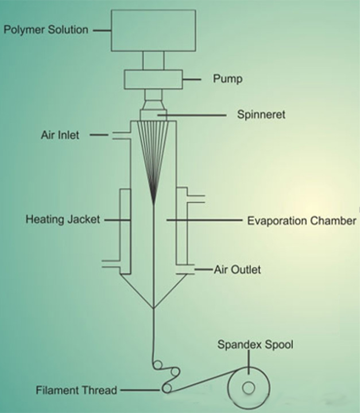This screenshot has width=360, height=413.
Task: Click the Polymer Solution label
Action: pos(46,29)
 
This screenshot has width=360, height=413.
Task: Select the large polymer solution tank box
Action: pos(153,29)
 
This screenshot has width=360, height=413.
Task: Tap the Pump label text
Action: pos(227,79)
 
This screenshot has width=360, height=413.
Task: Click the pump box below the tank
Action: pos(153,79)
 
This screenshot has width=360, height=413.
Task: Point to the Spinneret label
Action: pos(261,115)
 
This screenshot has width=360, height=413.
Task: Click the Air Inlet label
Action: pos(60,135)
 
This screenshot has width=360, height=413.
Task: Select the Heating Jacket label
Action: pos(63,219)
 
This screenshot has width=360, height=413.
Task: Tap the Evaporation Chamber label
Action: pos(301,220)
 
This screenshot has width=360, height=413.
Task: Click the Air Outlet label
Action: pos(237,269)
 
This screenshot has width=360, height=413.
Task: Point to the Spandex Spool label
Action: pos(256,345)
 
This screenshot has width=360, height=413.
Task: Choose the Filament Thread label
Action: pos(76,391)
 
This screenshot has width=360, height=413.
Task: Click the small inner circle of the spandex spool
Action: pos(248,389)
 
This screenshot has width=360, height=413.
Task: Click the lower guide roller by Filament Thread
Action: pos(167,388)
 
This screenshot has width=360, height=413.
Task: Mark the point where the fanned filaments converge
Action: pos(154,202)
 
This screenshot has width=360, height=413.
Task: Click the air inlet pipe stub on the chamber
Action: pos(118,135)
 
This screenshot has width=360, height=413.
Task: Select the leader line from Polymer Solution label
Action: pos(102,29)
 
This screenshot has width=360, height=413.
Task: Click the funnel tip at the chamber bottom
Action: pos(154,308)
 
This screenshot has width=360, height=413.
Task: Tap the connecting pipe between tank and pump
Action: pos(153,60)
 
